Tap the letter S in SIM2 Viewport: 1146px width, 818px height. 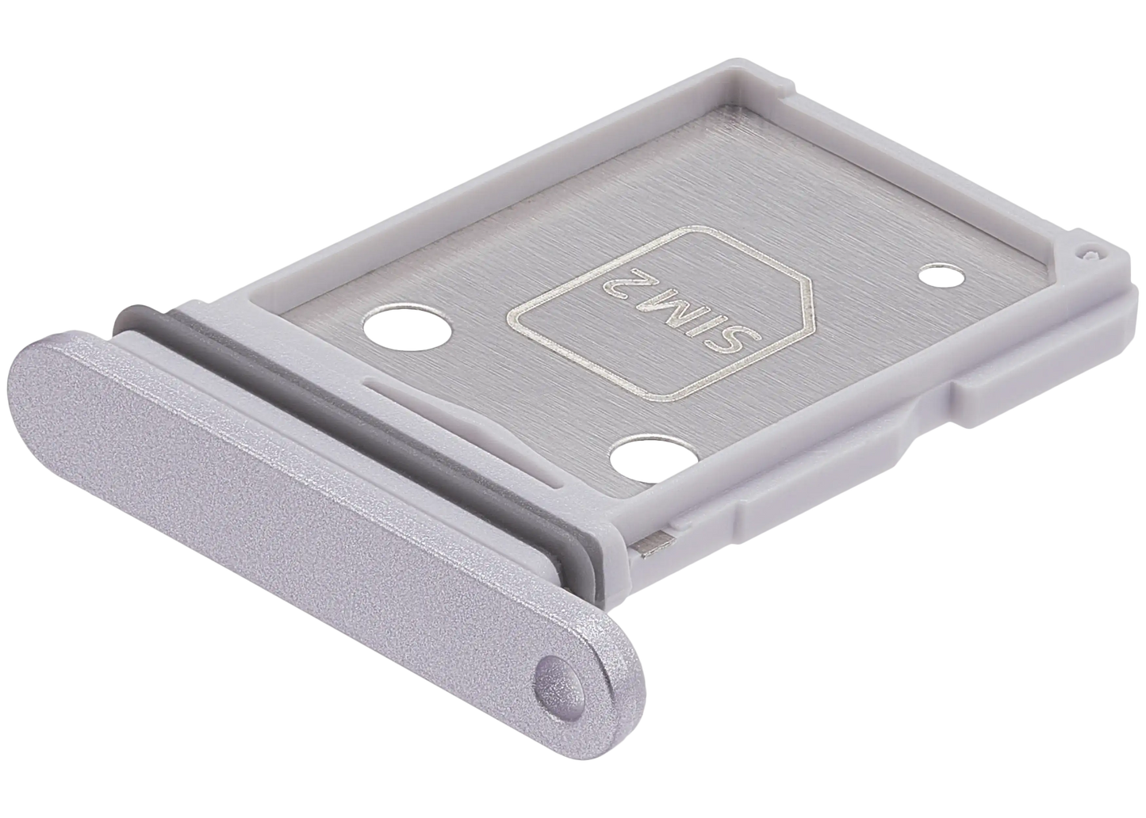click(x=736, y=342)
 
